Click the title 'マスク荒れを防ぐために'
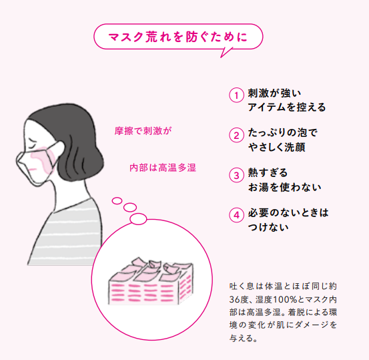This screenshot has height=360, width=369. [178, 37]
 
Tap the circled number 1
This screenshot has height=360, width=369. [236, 96]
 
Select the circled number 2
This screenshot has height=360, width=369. [236, 135]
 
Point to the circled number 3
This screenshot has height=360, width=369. [236, 175]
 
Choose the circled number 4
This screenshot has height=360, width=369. [236, 215]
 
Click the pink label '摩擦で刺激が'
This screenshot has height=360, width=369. [143, 131]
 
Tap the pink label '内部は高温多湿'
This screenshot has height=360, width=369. [163, 168]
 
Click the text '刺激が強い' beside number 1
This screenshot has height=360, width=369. [274, 94]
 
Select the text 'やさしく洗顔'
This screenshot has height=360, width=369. [277, 147]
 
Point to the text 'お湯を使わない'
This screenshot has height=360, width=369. [285, 187]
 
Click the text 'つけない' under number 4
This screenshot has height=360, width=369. [268, 227]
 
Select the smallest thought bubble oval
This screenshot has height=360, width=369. [117, 201]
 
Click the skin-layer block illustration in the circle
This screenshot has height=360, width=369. [151, 281]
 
